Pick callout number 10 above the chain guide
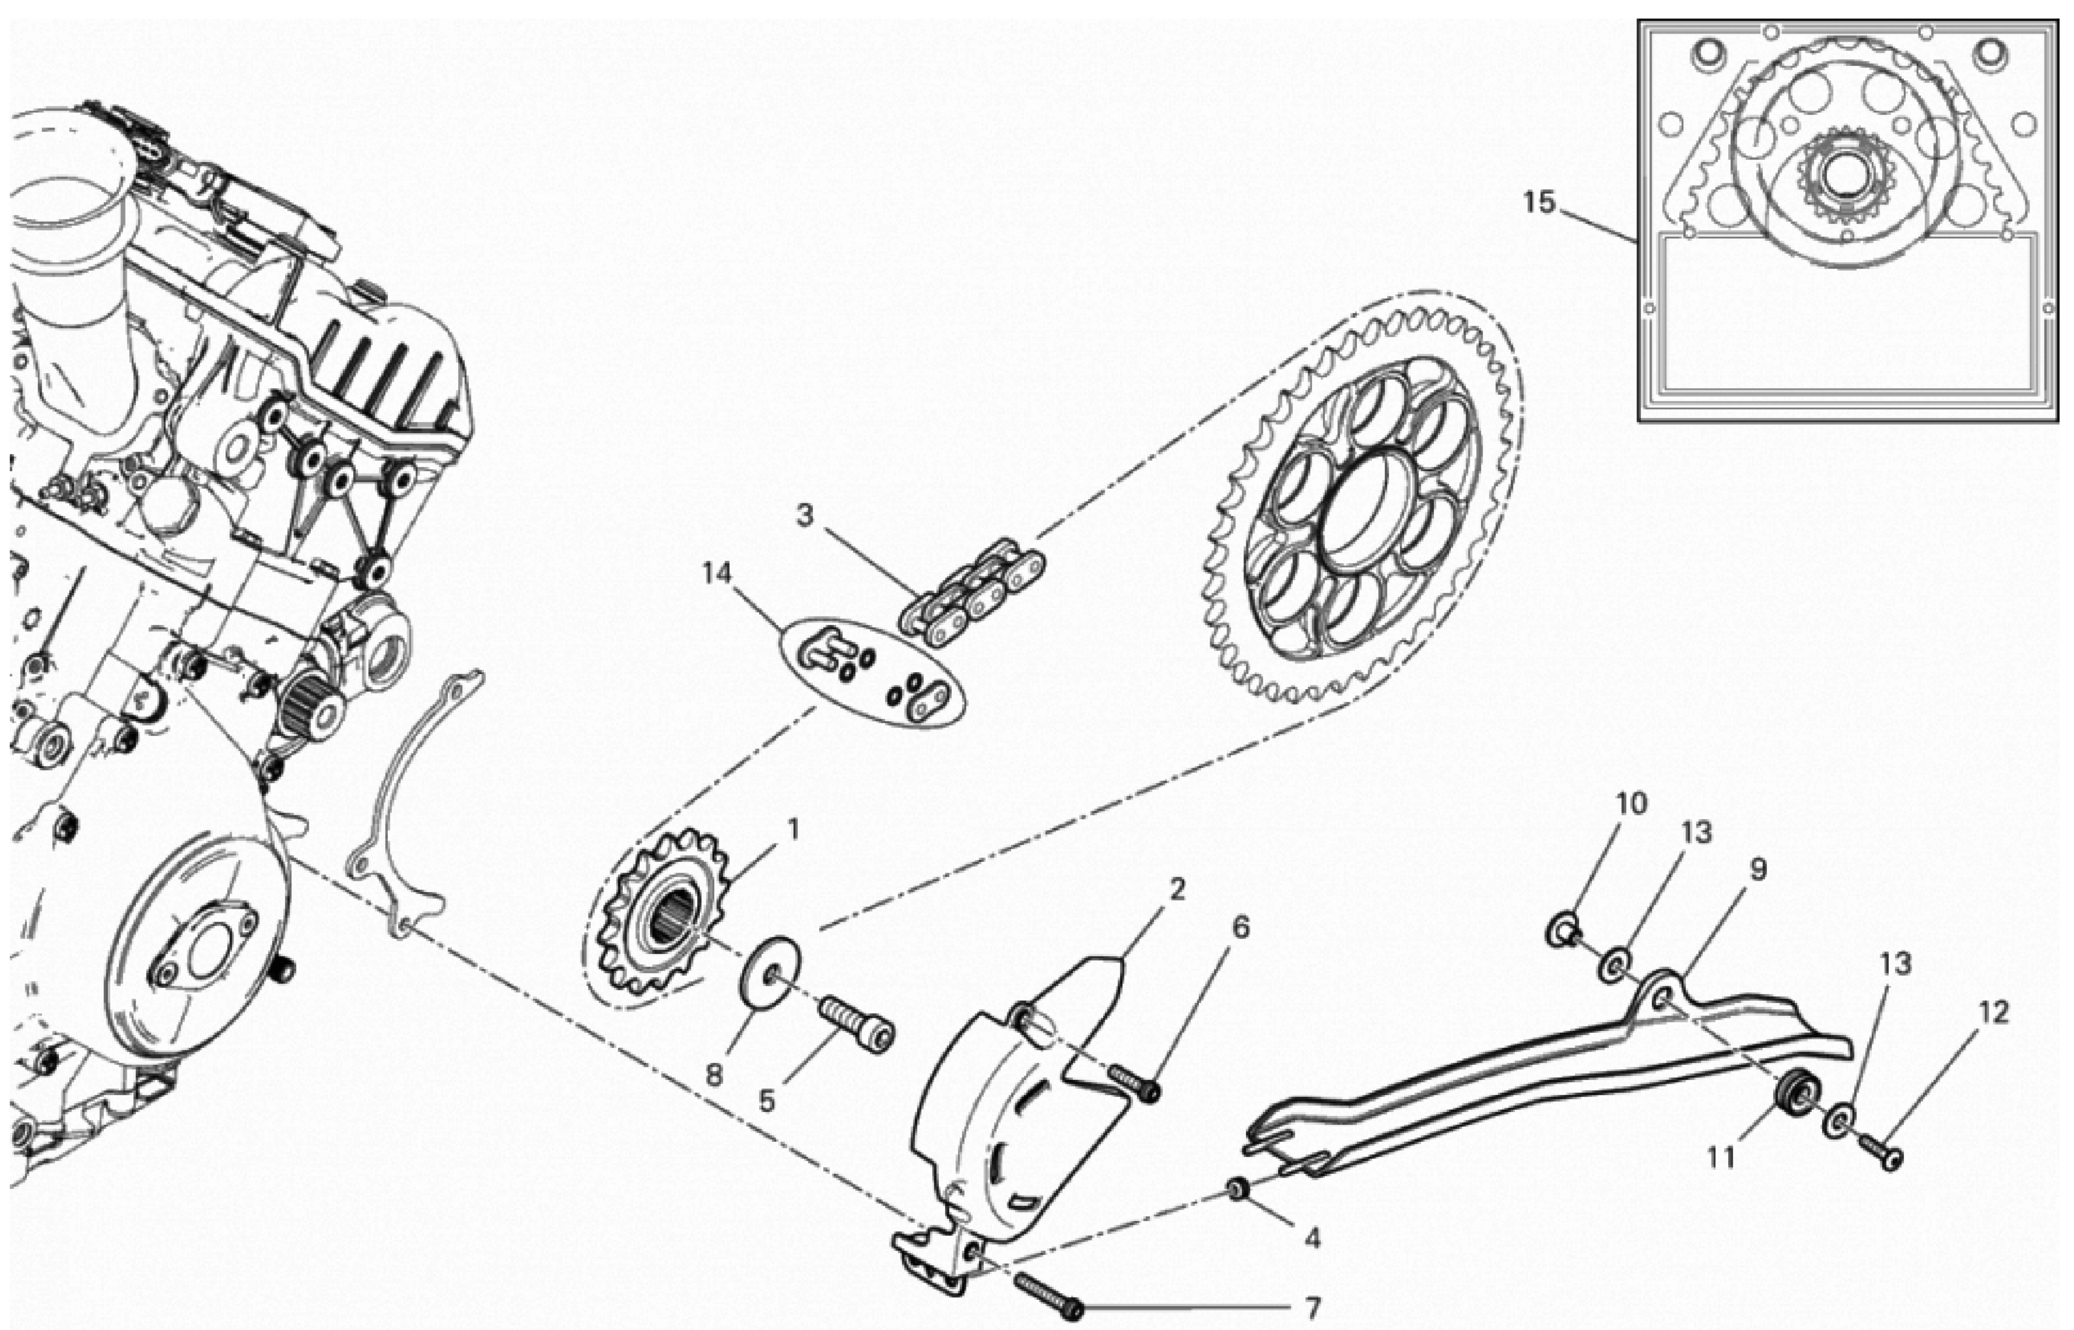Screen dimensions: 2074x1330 tap(1631, 804)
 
